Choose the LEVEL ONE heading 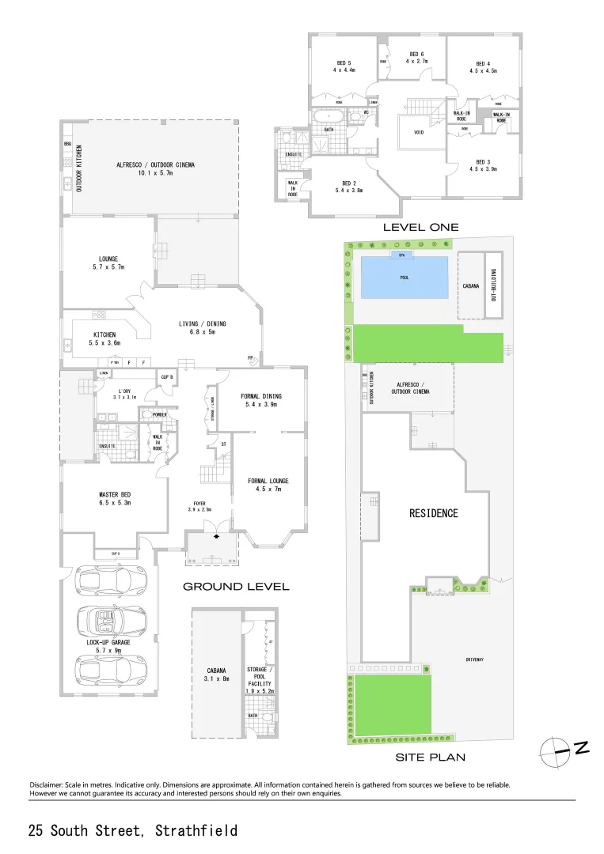[420, 228]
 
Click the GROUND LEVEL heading [236, 587]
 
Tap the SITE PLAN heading [430, 757]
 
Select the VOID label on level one [419, 133]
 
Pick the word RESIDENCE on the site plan [433, 513]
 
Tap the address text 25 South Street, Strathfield [133, 831]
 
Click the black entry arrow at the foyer [217, 535]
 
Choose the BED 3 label [483, 164]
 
